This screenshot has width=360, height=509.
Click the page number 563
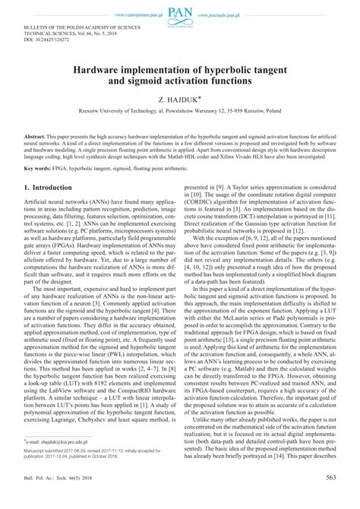coord(330,498)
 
